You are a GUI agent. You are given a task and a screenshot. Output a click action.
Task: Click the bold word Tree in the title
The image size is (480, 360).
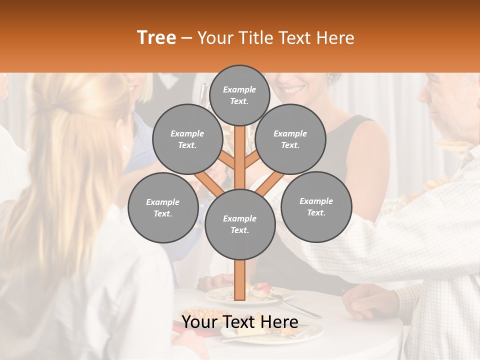[156, 38]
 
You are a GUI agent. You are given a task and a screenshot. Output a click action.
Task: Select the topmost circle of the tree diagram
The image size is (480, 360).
[239, 95]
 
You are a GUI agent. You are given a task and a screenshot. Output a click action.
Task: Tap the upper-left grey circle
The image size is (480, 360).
[187, 139]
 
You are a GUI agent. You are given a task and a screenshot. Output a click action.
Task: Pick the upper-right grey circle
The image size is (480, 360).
[290, 139]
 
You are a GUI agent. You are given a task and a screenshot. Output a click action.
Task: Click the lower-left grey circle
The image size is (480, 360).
[162, 208]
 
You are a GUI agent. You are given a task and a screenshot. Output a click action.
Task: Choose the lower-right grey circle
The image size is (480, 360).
[316, 207]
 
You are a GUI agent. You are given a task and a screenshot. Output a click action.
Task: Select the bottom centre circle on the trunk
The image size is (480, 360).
[239, 224]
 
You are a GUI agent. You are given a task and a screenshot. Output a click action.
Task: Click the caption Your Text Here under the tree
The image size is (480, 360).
[239, 322]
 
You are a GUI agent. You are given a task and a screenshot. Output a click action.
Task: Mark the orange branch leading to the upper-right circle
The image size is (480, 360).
[252, 160]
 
